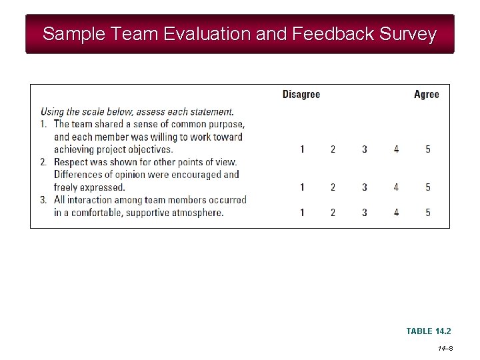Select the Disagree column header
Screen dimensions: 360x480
point(301,95)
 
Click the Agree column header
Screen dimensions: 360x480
point(427,95)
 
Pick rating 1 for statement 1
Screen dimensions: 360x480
point(302,149)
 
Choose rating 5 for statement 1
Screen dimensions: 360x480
point(428,149)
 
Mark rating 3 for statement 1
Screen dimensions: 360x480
point(365,149)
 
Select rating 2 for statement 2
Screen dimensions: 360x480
point(333,187)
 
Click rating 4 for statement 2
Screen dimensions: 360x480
point(396,187)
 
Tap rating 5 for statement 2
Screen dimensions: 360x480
point(428,187)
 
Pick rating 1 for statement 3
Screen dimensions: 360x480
point(302,213)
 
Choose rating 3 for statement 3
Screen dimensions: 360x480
point(365,213)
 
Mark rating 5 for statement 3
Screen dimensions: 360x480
point(428,213)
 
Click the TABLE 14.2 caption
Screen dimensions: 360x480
point(429,331)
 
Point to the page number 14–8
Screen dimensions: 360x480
point(445,349)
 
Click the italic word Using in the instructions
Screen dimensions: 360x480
point(53,111)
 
